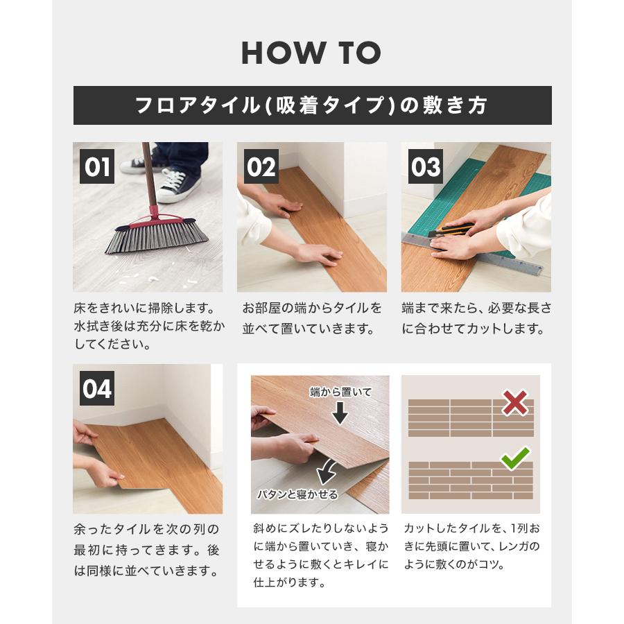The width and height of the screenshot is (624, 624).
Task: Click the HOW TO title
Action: pyautogui.click(x=311, y=53)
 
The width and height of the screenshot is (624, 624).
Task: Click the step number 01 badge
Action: pyautogui.click(x=96, y=166)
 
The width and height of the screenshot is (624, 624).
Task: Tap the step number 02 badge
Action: pyautogui.click(x=261, y=166)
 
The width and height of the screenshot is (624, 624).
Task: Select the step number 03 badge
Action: pyautogui.click(x=426, y=166)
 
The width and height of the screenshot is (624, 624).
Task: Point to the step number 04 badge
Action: pyautogui.click(x=96, y=388)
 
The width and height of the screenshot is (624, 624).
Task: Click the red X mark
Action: pyautogui.click(x=515, y=403)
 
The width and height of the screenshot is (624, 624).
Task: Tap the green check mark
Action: pyautogui.click(x=515, y=458)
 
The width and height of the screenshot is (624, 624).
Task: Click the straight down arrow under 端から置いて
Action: pyautogui.click(x=340, y=413)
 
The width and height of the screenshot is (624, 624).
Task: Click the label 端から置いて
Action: pyautogui.click(x=340, y=392)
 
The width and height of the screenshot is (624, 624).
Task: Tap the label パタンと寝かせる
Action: pyautogui.click(x=297, y=494)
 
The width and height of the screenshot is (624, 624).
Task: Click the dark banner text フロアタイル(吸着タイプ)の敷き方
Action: pyautogui.click(x=311, y=105)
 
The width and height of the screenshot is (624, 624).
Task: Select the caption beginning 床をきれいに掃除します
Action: pyautogui.click(x=149, y=326)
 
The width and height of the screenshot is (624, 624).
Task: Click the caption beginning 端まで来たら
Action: pyautogui.click(x=476, y=318)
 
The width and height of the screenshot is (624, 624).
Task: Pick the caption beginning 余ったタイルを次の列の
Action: pyautogui.click(x=147, y=551)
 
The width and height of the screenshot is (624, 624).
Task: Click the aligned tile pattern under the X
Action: pyautogui.click(x=471, y=418)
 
